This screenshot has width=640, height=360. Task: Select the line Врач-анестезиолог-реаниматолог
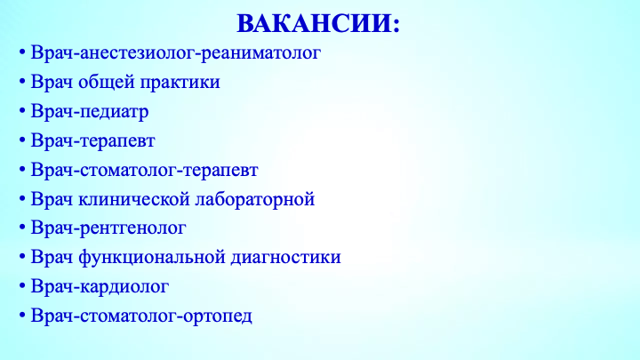click(x=176, y=53)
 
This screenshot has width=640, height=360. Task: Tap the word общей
click(x=107, y=82)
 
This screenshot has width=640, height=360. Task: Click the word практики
click(x=180, y=83)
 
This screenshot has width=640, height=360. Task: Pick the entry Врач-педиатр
click(x=90, y=112)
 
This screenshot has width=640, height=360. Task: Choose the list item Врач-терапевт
click(x=93, y=140)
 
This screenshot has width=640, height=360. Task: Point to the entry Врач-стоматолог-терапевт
click(x=145, y=170)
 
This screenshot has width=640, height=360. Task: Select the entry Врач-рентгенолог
click(x=108, y=228)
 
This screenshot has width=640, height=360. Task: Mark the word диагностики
click(x=285, y=258)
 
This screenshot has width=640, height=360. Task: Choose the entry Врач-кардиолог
click(x=100, y=286)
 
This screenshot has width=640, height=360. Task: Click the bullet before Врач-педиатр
click(x=22, y=110)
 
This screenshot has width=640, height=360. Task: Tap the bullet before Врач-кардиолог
click(x=22, y=285)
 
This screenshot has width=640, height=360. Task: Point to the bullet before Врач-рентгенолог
click(x=22, y=227)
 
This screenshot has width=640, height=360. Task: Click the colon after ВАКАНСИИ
click(x=396, y=26)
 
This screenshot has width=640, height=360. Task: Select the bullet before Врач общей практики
click(x=22, y=81)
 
